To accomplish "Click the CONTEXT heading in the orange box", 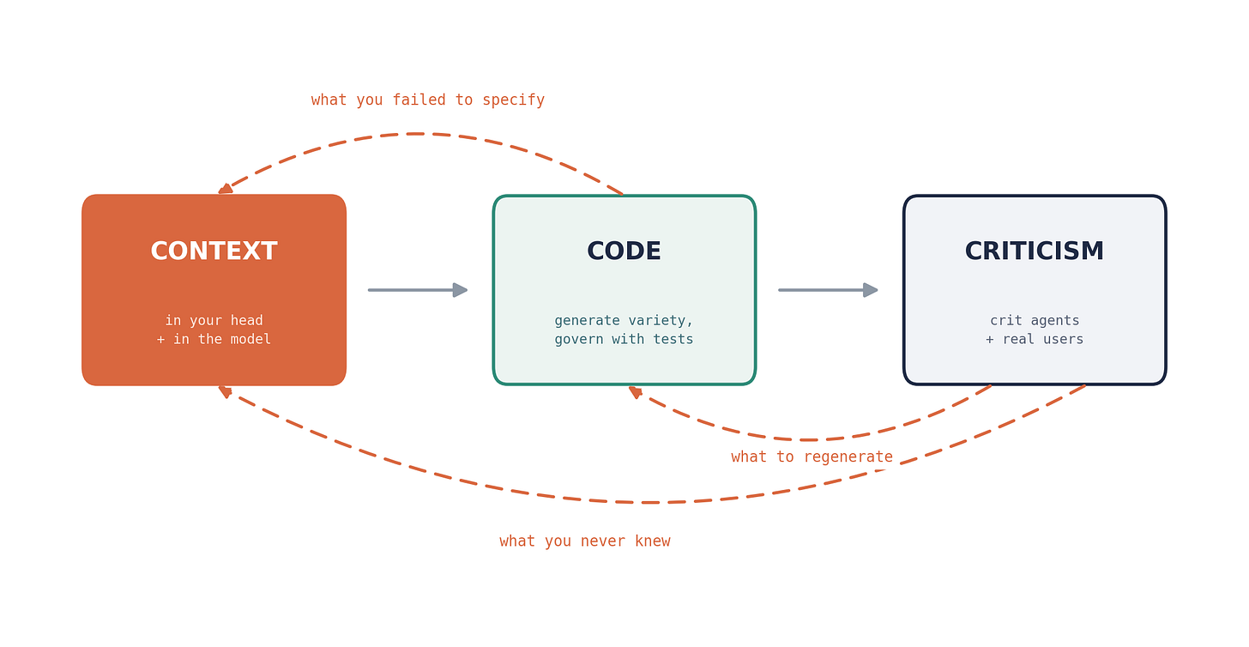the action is pyautogui.click(x=214, y=251).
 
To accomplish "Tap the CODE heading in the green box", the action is pyautogui.click(x=624, y=251).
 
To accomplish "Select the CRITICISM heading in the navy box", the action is pyautogui.click(x=1035, y=251).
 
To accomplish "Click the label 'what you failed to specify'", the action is pyautogui.click(x=428, y=100).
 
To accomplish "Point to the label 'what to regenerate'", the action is pyautogui.click(x=812, y=457).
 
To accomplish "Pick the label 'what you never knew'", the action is pyautogui.click(x=585, y=541).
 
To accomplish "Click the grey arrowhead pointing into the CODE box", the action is pyautogui.click(x=460, y=290).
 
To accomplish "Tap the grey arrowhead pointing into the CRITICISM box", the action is pyautogui.click(x=871, y=290).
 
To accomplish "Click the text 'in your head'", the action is pyautogui.click(x=214, y=321).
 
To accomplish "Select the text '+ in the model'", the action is pyautogui.click(x=214, y=339).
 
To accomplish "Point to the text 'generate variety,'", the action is pyautogui.click(x=624, y=321).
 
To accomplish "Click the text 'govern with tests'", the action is pyautogui.click(x=624, y=339).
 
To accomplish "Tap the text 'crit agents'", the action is pyautogui.click(x=1035, y=321).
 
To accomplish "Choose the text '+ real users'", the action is pyautogui.click(x=1035, y=339).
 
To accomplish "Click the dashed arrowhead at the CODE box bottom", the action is pyautogui.click(x=635, y=391).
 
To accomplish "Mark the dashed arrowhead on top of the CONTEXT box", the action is pyautogui.click(x=226, y=189).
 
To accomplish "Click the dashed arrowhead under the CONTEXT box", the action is pyautogui.click(x=225, y=391).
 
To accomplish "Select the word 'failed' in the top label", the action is pyautogui.click(x=419, y=100).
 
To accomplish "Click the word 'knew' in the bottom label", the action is pyautogui.click(x=653, y=541).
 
